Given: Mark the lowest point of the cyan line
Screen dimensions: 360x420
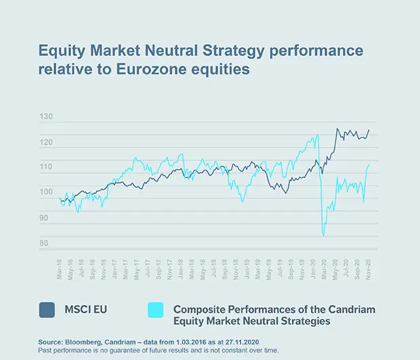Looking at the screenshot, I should tap(324, 235).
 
